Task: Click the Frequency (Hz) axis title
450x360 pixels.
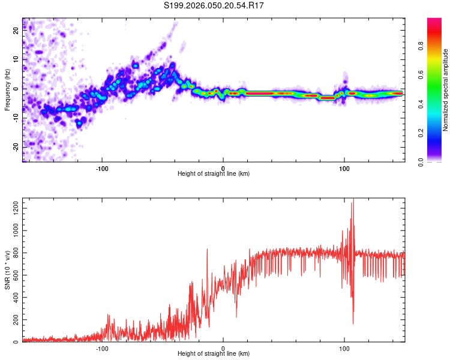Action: pyautogui.click(x=7, y=90)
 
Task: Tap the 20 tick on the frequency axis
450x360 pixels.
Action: pyautogui.click(x=16, y=31)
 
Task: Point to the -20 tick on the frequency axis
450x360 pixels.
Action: pyautogui.click(x=16, y=146)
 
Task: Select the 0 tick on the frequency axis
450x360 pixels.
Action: pyautogui.click(x=16, y=89)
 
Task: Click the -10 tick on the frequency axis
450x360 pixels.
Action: pyautogui.click(x=16, y=118)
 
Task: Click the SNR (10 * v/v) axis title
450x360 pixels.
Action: pyautogui.click(x=7, y=270)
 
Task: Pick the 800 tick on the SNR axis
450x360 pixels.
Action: pyautogui.click(x=14, y=253)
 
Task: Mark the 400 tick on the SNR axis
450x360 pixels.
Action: pyautogui.click(x=14, y=298)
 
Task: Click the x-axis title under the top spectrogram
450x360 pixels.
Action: pyautogui.click(x=214, y=173)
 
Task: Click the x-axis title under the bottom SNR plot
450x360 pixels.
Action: pyautogui.click(x=214, y=353)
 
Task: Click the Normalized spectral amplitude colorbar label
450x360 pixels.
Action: pyautogui.click(x=446, y=90)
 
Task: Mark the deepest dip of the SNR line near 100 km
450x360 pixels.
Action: pyautogui.click(x=353, y=324)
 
